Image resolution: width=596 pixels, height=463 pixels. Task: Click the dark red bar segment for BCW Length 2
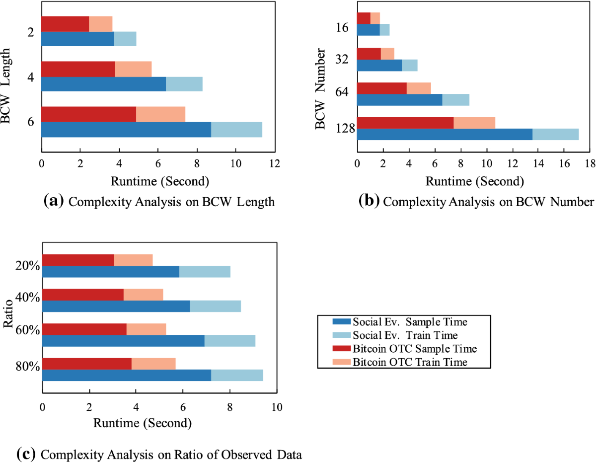65,24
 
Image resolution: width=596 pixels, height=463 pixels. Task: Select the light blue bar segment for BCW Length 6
236,129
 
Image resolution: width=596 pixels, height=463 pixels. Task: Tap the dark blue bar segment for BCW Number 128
445,134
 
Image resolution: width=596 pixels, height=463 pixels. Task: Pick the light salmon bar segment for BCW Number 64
419,88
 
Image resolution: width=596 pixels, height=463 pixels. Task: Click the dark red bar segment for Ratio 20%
78,260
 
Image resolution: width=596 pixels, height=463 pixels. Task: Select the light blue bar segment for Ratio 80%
237,375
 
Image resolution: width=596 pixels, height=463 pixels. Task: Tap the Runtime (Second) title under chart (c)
143,424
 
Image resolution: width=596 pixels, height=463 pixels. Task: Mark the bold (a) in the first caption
54,201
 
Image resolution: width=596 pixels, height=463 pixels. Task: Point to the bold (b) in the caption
369,201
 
